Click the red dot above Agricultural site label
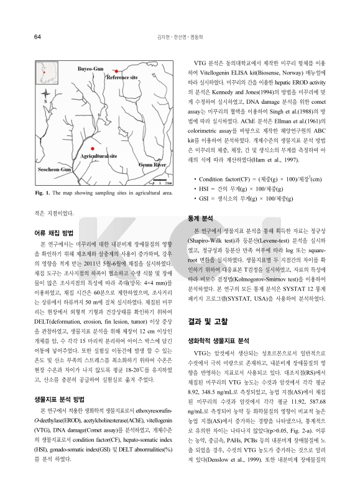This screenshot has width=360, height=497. click(91, 149)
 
